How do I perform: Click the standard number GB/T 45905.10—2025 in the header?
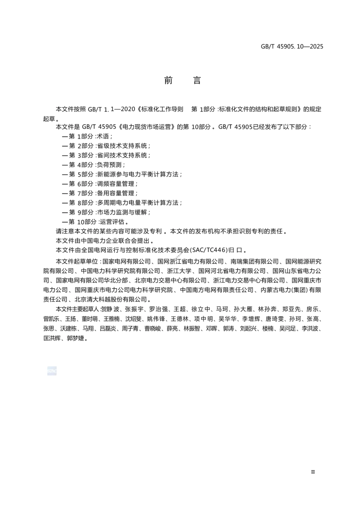pos(292,47)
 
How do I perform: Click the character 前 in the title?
pos(168,80)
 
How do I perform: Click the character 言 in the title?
pos(197,80)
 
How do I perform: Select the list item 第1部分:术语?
pos(87,136)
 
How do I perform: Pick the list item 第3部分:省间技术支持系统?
pos(106,155)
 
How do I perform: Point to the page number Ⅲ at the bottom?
pos(313,472)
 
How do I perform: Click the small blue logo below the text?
pos(52,371)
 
